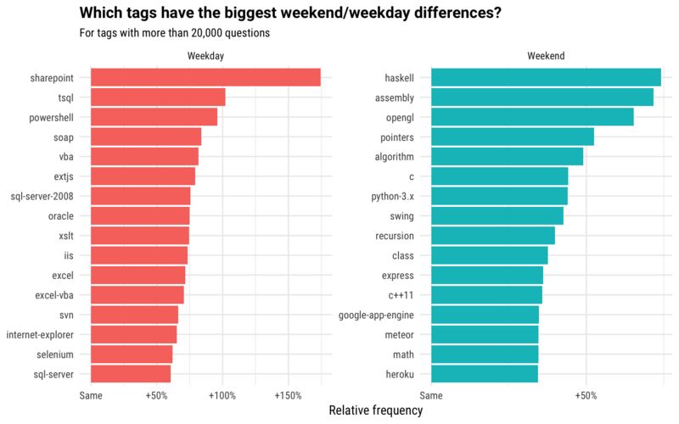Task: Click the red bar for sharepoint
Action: pyautogui.click(x=205, y=77)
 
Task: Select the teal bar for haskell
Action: pyautogui.click(x=546, y=77)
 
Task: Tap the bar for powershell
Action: pyautogui.click(x=154, y=117)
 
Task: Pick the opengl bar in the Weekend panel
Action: pyautogui.click(x=532, y=117)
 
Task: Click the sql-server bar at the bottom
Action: pyautogui.click(x=130, y=374)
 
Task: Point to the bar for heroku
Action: pyautogui.click(x=484, y=374)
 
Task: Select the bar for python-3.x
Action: pyautogui.click(x=499, y=196)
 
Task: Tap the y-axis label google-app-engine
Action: pyautogui.click(x=376, y=315)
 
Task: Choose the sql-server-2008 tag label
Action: pyautogui.click(x=46, y=196)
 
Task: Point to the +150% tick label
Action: pyautogui.click(x=288, y=395)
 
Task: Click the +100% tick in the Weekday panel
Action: pyautogui.click(x=222, y=395)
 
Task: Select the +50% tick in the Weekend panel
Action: pyautogui.click(x=586, y=395)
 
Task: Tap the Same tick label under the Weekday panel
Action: pyautogui.click(x=90, y=395)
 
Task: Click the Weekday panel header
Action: pyautogui.click(x=205, y=56)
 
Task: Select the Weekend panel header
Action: pyautogui.click(x=546, y=56)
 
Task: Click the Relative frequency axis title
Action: pyautogui.click(x=375, y=410)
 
